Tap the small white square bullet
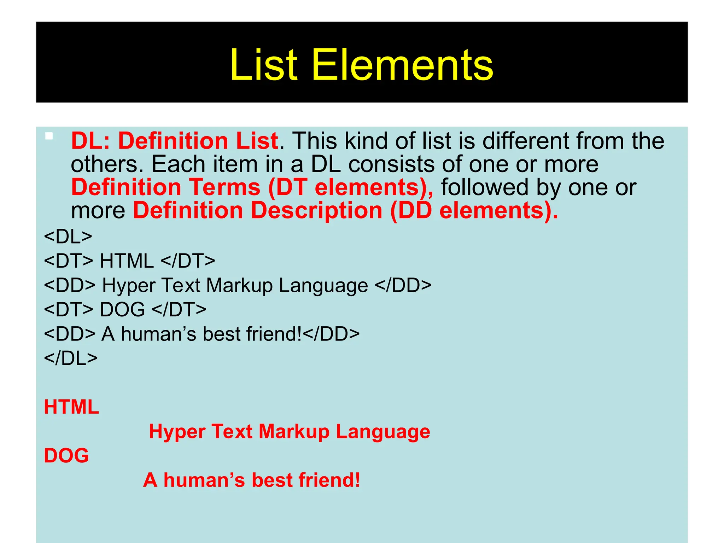49,136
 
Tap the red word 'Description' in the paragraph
317,210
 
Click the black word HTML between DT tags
127,261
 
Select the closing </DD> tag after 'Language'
403,285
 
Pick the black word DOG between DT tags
122,309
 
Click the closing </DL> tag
71,358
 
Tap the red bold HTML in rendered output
71,407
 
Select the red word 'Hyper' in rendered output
177,431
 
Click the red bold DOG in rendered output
66,455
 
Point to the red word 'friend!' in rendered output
329,480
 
